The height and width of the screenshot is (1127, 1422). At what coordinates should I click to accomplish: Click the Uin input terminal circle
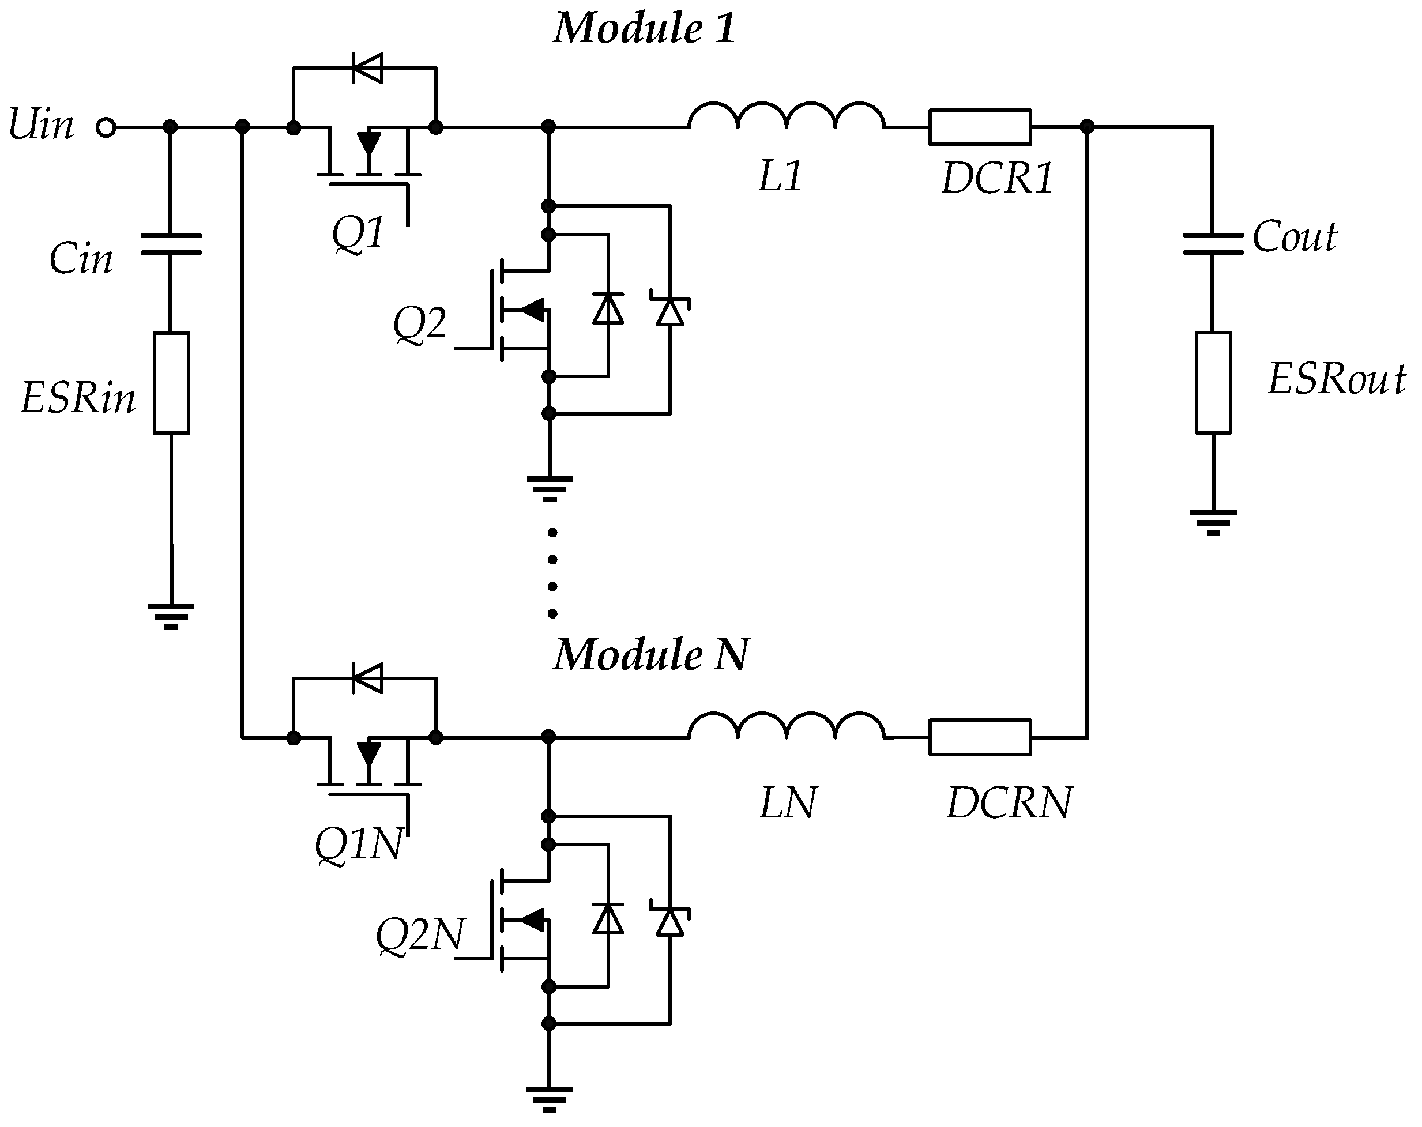pos(106,127)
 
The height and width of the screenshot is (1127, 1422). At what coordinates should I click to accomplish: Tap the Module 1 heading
pos(644,29)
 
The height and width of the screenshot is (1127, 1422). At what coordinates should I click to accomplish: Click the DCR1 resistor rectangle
pos(980,127)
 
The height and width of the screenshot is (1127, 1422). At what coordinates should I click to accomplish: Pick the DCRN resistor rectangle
pos(980,737)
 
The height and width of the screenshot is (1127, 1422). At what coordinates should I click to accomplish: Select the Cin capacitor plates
pos(171,243)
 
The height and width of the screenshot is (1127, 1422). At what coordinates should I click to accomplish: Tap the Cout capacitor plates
pos(1212,243)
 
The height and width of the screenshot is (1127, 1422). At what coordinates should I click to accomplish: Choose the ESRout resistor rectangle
pos(1213,382)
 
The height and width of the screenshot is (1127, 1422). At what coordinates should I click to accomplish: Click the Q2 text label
pos(419,325)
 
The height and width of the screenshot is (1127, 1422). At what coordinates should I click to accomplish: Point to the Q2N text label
pos(419,935)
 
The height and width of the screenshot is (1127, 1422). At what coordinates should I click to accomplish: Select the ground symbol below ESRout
pos(1213,522)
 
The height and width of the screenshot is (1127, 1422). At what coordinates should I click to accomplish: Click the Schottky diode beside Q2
pos(670,310)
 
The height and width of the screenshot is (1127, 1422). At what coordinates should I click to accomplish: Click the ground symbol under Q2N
pos(550,1099)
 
